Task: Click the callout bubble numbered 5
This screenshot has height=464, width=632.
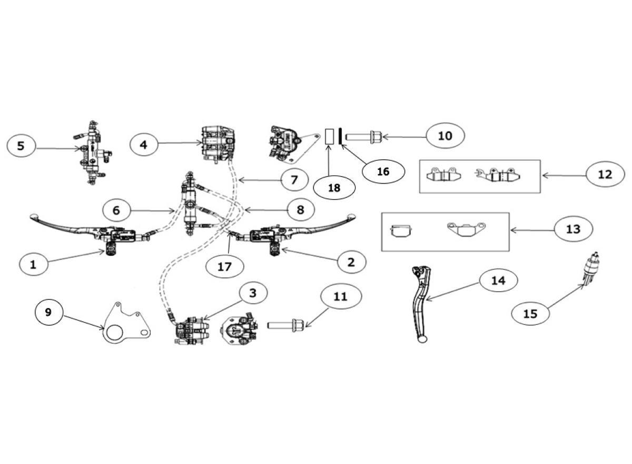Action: tap(21, 146)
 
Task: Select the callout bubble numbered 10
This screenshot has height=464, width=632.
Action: tap(445, 136)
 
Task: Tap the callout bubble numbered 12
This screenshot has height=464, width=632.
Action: tap(605, 175)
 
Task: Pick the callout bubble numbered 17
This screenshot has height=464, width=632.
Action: tap(224, 267)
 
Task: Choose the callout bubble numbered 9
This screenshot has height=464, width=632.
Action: tap(48, 312)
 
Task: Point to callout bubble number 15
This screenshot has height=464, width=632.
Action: tap(530, 314)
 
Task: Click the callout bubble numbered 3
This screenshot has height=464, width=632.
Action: tap(253, 293)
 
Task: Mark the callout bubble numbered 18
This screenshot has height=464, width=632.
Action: tap(334, 188)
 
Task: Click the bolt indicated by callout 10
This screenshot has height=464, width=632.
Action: tap(363, 137)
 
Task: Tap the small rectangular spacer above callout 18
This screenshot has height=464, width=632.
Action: tap(330, 137)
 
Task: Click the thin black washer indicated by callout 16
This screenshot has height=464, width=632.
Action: tap(341, 136)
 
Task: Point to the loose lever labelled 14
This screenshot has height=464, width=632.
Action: tap(420, 304)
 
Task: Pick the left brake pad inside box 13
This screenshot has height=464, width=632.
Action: tap(401, 231)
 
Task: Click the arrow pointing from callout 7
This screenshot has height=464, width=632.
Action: tap(260, 180)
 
